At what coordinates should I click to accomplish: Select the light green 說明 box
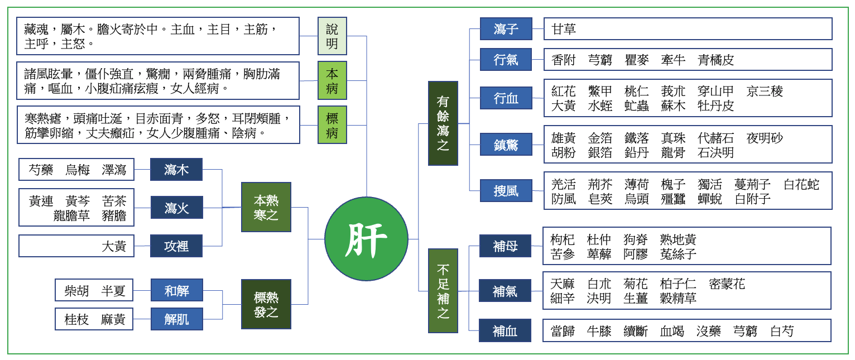[x=332, y=36]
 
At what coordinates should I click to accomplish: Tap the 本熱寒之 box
[x=266, y=207]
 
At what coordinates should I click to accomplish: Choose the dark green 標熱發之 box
[x=266, y=304]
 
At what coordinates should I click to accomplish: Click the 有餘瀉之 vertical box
[x=443, y=123]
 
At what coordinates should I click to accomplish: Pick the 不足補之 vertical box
[x=443, y=291]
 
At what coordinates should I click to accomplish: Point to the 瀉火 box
[x=176, y=208]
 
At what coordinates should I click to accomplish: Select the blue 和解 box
[x=176, y=290]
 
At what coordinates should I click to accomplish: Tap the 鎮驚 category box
[x=506, y=145]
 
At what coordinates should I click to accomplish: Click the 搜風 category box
[x=506, y=191]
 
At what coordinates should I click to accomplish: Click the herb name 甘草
[x=564, y=29]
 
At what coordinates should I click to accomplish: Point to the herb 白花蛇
[x=801, y=184]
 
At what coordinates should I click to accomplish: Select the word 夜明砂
[x=765, y=138]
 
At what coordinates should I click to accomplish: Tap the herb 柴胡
[x=77, y=291]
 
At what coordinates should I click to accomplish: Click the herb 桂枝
[x=77, y=319]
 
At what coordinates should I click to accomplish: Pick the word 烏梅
[x=77, y=170]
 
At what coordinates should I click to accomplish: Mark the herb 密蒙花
[x=727, y=284]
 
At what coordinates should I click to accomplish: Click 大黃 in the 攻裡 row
[x=114, y=246]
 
